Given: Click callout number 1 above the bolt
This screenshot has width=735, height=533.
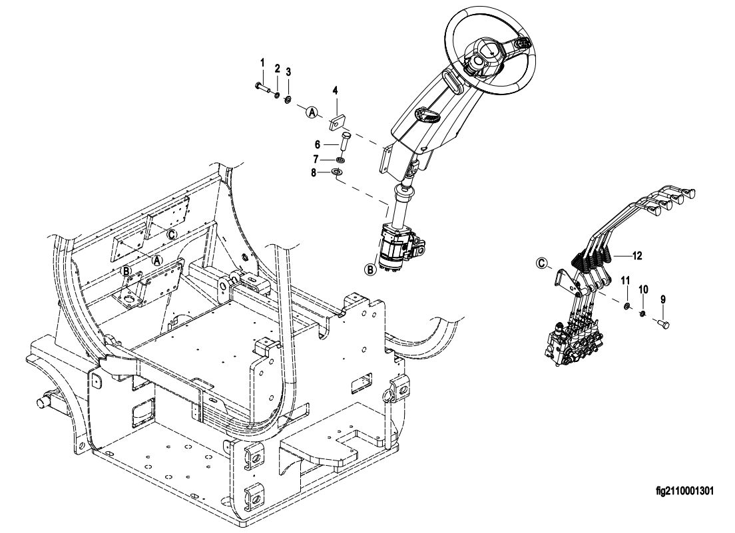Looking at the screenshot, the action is point(262,63).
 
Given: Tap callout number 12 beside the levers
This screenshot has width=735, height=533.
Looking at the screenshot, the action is point(637,256).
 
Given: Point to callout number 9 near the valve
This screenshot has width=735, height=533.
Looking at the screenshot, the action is point(663,299).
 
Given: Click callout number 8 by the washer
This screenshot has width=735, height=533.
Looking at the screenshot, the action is point(314,173).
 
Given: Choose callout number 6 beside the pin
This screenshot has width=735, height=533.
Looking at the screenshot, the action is point(318,144).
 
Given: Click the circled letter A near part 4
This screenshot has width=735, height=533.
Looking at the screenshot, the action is point(312,112).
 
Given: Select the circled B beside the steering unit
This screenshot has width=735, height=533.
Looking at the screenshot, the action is point(370,269).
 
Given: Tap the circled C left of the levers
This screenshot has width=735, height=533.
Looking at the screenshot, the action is point(542,264).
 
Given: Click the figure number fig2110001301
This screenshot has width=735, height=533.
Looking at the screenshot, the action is point(685,491).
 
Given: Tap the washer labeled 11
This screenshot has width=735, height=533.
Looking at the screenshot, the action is point(626,307).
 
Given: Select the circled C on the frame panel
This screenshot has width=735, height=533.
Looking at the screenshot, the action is point(172,234).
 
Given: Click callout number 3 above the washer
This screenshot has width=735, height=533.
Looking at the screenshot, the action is point(288,72).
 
